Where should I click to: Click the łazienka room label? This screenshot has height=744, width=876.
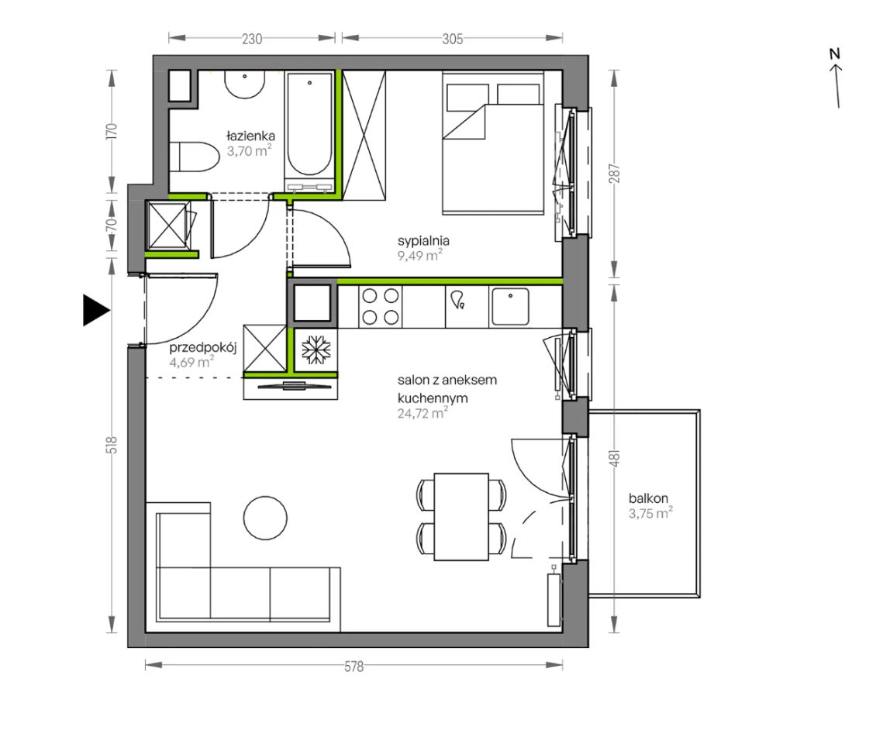[x=250, y=135]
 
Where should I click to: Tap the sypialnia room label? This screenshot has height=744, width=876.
[x=423, y=241]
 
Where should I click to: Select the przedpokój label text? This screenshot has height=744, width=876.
[x=203, y=347]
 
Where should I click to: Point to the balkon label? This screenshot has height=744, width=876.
[x=648, y=498]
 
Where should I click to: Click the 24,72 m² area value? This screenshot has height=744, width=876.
[x=422, y=413]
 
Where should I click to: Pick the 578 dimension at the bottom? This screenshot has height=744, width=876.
[x=354, y=666]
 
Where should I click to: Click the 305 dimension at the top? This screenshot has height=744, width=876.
[x=453, y=39]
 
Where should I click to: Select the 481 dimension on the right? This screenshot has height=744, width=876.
[x=615, y=459]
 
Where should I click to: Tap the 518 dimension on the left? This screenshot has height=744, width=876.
[x=112, y=445]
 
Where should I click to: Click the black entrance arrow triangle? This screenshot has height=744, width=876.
[x=95, y=310]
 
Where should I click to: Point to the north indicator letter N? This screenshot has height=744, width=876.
[x=835, y=54]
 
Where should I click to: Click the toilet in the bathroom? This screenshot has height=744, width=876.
[x=194, y=157]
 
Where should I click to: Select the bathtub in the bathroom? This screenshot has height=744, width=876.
[x=309, y=132]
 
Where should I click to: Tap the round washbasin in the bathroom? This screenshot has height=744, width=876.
[x=245, y=84]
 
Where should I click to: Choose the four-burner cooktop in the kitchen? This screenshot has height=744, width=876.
[x=381, y=307]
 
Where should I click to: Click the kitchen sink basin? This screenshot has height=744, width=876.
[x=509, y=306]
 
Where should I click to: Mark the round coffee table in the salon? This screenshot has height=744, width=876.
[x=265, y=518]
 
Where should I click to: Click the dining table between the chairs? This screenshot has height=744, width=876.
[x=461, y=517]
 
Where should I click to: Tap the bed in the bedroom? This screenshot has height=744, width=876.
[x=493, y=143]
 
